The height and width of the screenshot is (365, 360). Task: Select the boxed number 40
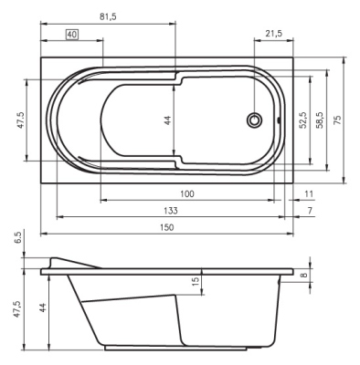click(72, 34)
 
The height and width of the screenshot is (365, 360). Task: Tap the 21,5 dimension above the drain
click(271, 34)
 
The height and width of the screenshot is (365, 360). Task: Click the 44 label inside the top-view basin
click(168, 120)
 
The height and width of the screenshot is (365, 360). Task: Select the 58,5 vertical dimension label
click(319, 120)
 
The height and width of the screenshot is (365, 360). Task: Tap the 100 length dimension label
click(186, 193)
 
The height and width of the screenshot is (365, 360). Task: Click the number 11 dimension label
click(309, 193)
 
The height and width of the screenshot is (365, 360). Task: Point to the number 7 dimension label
click(309, 210)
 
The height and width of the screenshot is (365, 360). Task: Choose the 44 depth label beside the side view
click(41, 310)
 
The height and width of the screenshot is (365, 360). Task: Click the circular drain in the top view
click(257, 120)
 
